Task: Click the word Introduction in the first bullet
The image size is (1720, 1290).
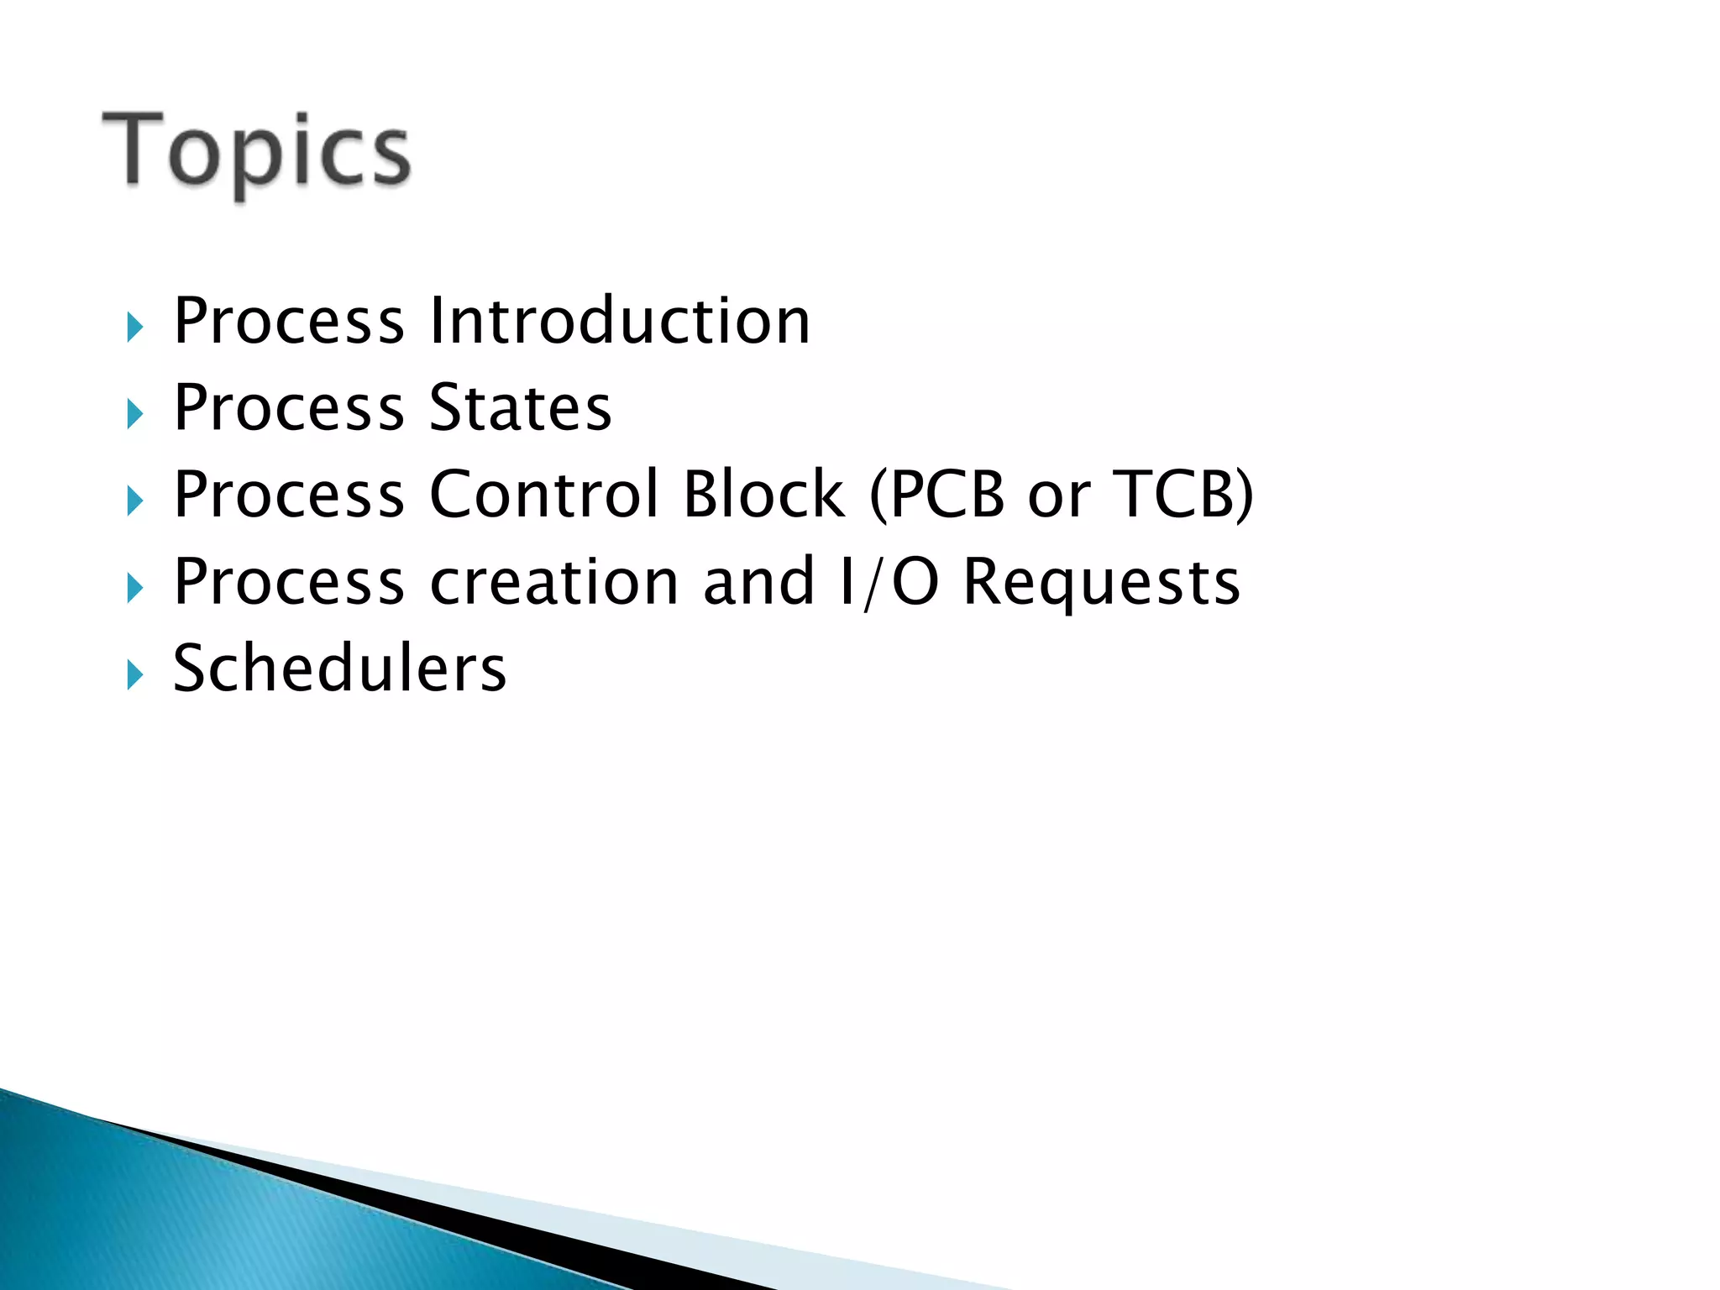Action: click(620, 322)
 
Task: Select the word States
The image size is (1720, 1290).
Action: click(520, 409)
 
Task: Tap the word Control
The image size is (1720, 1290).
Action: click(544, 496)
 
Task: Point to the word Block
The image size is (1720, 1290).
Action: click(763, 496)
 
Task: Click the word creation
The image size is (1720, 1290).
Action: click(553, 583)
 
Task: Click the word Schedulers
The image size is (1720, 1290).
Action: click(339, 669)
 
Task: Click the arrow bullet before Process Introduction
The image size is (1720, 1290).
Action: click(135, 328)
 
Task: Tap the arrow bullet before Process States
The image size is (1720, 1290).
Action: click(135, 414)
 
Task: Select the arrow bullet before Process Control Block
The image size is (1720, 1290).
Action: click(135, 501)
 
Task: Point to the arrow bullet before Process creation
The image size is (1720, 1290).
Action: click(135, 588)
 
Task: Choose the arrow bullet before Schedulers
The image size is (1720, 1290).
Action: click(135, 674)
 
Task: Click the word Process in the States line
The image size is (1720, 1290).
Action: click(289, 409)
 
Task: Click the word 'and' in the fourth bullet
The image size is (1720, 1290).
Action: click(758, 583)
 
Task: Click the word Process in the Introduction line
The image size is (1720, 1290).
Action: click(289, 322)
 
